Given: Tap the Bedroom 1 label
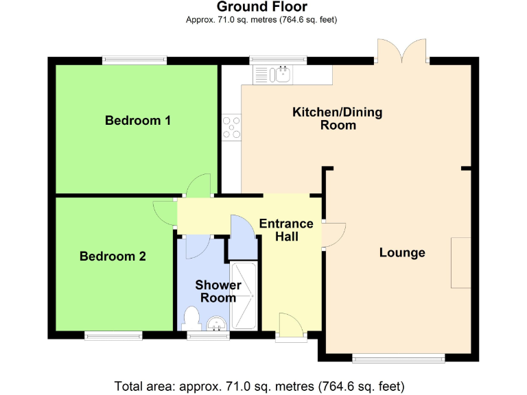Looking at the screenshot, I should click(x=137, y=121).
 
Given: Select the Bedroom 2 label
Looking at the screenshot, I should click(x=113, y=256).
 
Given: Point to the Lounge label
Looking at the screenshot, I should click(x=402, y=253).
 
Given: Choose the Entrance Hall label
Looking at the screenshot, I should click(x=285, y=230).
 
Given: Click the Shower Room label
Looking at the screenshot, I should click(x=218, y=291).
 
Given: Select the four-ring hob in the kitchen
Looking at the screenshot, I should click(x=232, y=127).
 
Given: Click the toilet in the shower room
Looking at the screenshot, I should click(x=191, y=319).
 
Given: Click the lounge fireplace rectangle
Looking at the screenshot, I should click(x=460, y=263).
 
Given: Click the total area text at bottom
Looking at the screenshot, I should click(x=263, y=385).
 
